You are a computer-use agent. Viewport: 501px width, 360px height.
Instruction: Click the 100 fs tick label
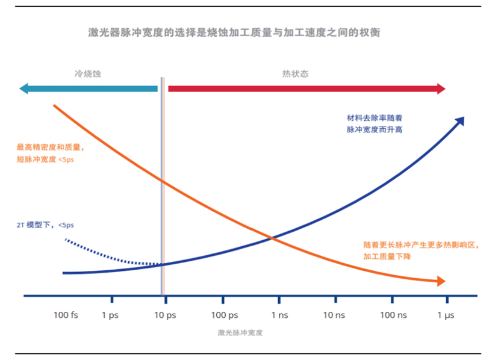[x=66, y=315]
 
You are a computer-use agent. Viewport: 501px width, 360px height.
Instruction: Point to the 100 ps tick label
[x=224, y=315]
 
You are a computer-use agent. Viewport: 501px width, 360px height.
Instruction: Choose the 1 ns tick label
[x=279, y=315]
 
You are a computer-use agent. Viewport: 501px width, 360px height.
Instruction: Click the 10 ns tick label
[x=334, y=315]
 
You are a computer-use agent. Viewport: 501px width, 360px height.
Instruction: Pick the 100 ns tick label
[x=393, y=315]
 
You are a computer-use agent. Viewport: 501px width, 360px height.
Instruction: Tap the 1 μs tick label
[x=446, y=315]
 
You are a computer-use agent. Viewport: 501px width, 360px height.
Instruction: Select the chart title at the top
[x=234, y=32]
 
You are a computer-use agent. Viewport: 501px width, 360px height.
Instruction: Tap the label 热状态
[x=295, y=73]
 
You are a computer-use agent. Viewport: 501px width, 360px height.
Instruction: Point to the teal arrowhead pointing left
[x=25, y=89]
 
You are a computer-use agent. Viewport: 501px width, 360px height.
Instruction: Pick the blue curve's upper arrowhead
[x=460, y=120]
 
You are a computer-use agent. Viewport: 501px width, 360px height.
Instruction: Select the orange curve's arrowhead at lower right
[x=441, y=281]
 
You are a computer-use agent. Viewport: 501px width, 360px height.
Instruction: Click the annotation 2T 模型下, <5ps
[x=45, y=225]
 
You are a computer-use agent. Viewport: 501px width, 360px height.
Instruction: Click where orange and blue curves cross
[x=272, y=238]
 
